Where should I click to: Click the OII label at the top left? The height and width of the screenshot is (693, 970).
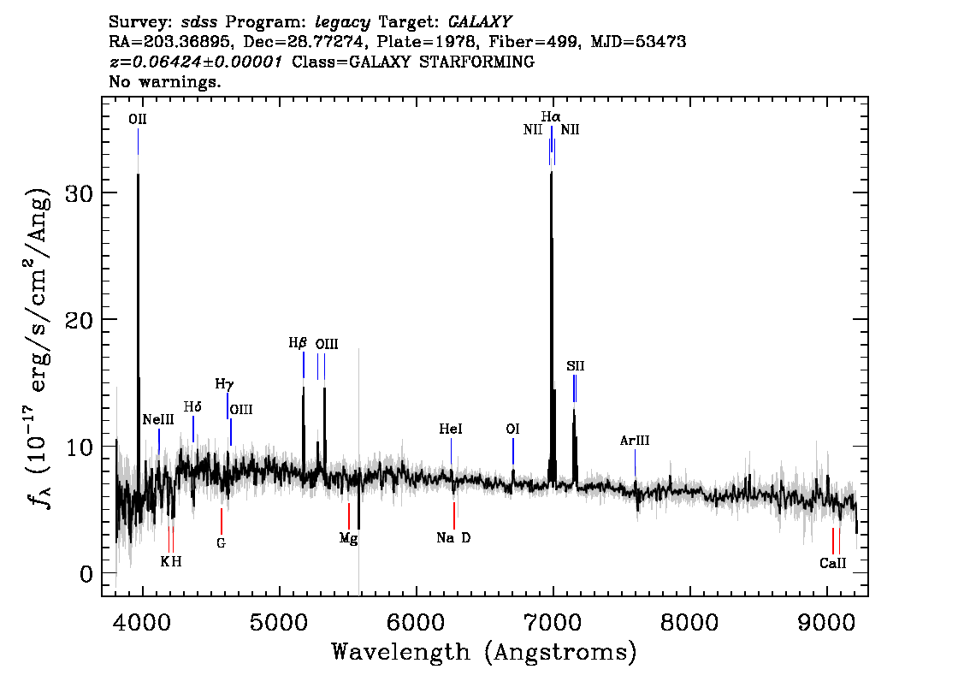138,120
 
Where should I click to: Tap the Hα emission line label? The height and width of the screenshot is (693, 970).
551,116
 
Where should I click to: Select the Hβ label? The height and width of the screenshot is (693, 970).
298,343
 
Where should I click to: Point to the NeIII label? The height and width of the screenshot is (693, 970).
158,419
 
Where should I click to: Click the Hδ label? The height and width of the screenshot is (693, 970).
192,407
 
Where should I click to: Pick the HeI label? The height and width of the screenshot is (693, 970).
450,429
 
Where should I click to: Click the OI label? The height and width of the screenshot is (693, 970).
512,429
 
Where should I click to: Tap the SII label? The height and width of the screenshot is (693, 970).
576,365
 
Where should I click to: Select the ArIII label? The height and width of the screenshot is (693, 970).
635,441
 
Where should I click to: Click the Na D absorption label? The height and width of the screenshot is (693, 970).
453,537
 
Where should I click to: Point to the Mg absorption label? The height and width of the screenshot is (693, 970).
348,539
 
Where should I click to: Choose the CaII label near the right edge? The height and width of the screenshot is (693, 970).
832,563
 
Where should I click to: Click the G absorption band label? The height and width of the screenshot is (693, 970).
221,543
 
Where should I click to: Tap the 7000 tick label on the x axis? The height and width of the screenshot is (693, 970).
552,622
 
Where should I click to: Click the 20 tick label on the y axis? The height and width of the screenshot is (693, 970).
79,320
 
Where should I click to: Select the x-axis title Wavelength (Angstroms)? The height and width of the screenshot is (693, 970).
484,653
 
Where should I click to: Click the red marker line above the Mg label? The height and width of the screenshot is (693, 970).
349,516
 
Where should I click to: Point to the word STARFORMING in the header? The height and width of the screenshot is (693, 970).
476,62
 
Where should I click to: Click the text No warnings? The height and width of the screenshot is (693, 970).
164,81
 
